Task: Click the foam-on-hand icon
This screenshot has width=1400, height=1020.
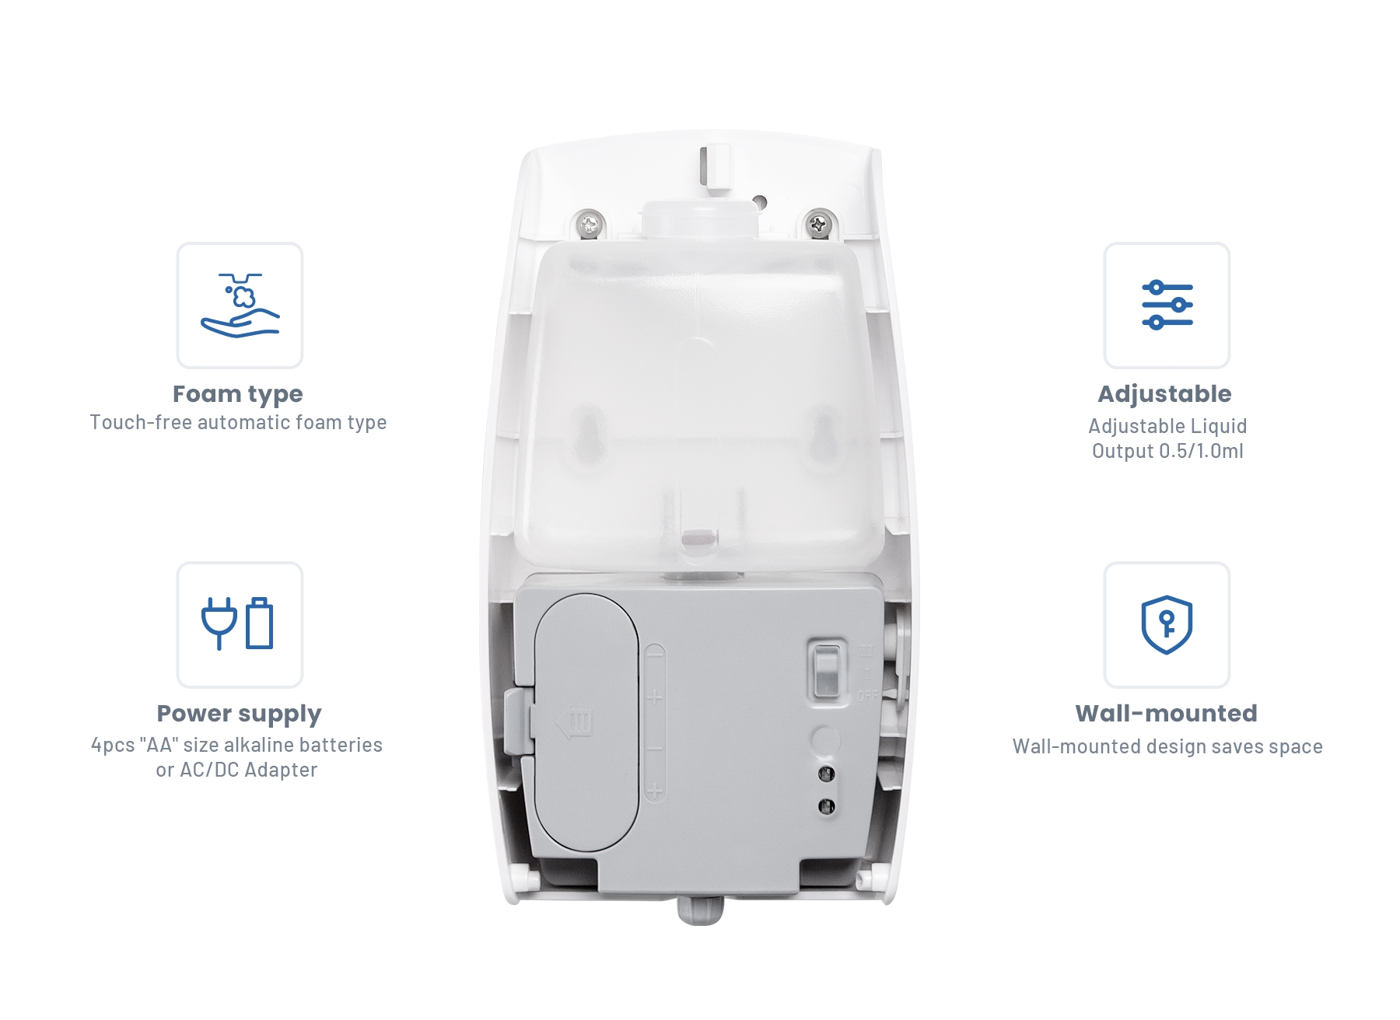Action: tap(240, 306)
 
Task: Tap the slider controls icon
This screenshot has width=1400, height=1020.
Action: tap(1167, 305)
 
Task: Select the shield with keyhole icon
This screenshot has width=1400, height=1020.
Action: tap(1167, 625)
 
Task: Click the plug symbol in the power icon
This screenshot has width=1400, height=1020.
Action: tap(219, 623)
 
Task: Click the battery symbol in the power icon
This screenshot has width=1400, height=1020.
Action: tap(260, 623)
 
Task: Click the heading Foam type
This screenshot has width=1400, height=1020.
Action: tap(238, 394)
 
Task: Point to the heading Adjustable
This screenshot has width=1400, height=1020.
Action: tap(1164, 394)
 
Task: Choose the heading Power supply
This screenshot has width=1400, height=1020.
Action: tap(239, 714)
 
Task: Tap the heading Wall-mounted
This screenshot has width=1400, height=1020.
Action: tap(1166, 713)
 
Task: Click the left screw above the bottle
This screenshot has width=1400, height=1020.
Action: tap(590, 225)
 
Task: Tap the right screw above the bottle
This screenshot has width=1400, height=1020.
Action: tap(817, 225)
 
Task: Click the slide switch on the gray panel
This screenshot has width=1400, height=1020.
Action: tap(825, 671)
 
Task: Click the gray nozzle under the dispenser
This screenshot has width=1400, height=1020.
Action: tap(700, 910)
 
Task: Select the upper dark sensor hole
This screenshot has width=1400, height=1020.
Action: tap(826, 774)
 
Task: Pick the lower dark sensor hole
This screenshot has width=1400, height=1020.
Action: tap(826, 806)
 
